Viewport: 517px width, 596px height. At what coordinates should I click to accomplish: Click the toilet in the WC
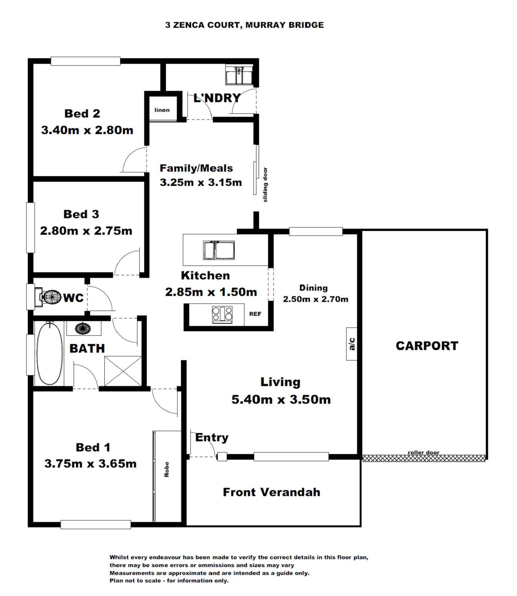tap(48, 297)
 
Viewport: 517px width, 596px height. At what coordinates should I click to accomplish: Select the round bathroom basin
tap(83, 328)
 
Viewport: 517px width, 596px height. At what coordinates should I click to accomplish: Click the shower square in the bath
tap(123, 371)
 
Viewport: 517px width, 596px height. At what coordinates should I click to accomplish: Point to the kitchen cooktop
tap(222, 314)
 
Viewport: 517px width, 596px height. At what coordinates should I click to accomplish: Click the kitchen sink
tap(219, 250)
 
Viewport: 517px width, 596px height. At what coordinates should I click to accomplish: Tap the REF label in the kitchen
tap(255, 314)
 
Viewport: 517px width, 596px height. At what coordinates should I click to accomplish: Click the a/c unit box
tap(352, 344)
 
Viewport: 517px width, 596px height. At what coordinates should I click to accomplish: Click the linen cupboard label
tap(162, 110)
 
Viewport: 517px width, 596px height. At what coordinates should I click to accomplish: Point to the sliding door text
tap(265, 185)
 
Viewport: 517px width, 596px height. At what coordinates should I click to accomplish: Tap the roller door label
tap(424, 453)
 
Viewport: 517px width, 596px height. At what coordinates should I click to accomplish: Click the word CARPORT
tap(427, 346)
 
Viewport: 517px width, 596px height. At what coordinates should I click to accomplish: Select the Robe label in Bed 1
tap(167, 469)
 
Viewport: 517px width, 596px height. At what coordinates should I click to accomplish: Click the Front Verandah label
tap(271, 492)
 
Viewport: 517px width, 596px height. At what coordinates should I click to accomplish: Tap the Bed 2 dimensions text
tap(87, 130)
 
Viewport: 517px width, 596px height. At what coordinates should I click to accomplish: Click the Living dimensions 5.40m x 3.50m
tap(281, 399)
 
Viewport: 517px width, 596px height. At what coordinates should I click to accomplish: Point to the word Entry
tap(212, 438)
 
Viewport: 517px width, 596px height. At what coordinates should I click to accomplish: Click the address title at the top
tap(244, 25)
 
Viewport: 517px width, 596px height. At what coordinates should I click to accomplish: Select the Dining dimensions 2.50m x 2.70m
tap(315, 299)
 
